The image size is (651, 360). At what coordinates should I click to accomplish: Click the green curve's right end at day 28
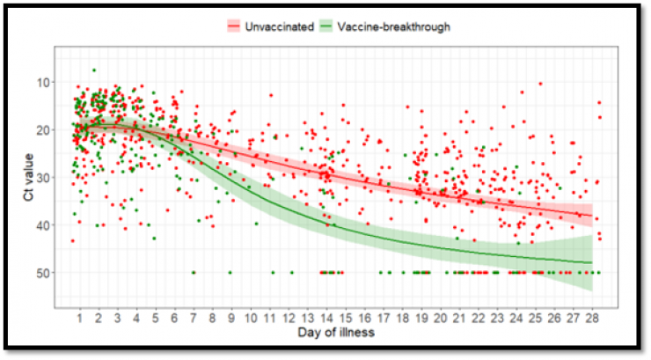coord(591,263)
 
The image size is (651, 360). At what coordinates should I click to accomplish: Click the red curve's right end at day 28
coord(591,216)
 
